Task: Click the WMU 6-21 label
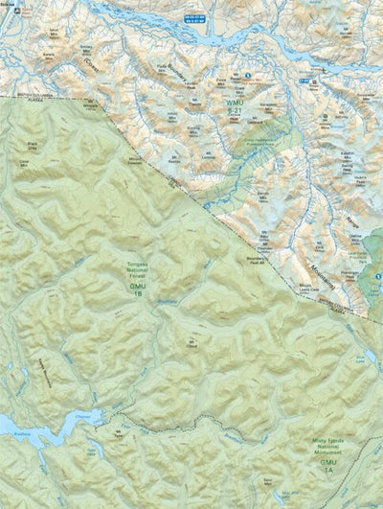[235, 104]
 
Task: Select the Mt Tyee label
[119, 433]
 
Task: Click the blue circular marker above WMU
[247, 76]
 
